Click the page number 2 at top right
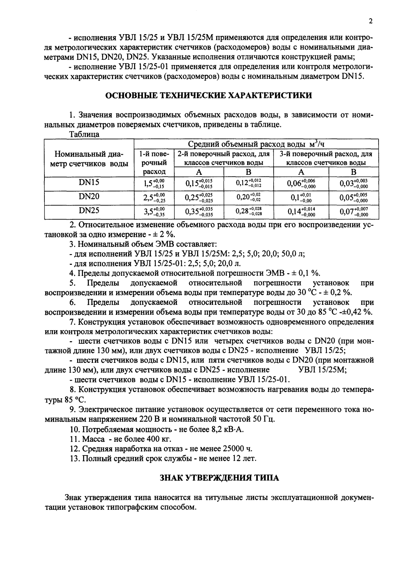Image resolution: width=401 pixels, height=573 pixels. [371, 21]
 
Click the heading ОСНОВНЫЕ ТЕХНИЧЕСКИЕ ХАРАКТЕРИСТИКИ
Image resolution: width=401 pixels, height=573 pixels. [209, 95]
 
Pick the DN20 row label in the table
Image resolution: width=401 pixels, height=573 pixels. [89, 197]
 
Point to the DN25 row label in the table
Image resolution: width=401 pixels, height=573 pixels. [89, 210]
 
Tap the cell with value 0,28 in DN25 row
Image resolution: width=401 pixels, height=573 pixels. [248, 212]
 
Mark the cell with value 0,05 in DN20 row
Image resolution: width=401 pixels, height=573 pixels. [353, 197]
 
